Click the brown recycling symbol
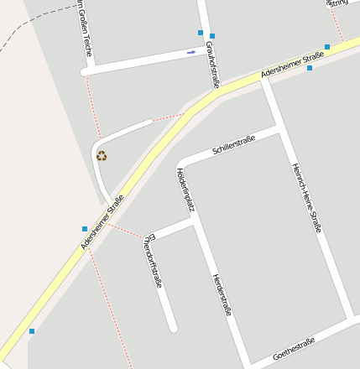102,155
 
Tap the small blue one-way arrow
191,52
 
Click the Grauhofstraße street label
214,70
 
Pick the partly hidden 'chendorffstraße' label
153,260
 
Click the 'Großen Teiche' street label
84,29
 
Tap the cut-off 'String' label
338,3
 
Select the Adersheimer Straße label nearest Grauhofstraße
292,65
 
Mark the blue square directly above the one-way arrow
201,33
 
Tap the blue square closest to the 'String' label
327,47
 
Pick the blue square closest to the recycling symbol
85,228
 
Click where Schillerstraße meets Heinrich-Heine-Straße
278,130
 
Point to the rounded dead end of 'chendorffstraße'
173,327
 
